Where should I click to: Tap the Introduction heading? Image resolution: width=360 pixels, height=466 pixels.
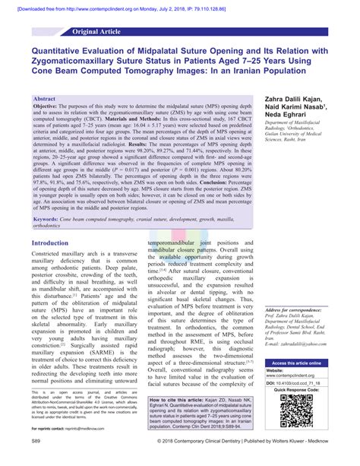[51, 243]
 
